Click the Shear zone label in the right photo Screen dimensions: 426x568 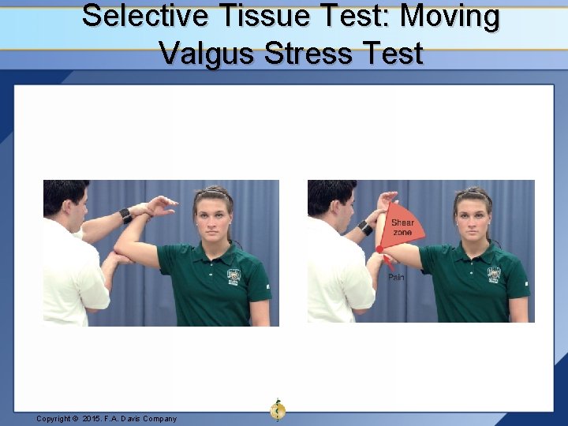pyautogui.click(x=402, y=227)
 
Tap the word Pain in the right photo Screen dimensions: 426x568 pyautogui.click(x=397, y=277)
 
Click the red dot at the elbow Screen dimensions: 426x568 pyautogui.click(x=379, y=249)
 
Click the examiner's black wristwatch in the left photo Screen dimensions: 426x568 pyautogui.click(x=125, y=215)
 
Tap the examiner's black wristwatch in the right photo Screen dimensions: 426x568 pyautogui.click(x=364, y=228)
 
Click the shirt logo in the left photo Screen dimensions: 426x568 pyautogui.click(x=234, y=275)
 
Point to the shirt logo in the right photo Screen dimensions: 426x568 pyautogui.click(x=494, y=274)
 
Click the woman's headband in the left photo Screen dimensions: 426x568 pyautogui.click(x=213, y=192)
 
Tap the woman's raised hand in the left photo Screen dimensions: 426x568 pyautogui.click(x=162, y=206)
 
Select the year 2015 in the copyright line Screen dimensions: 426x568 pyautogui.click(x=94, y=419)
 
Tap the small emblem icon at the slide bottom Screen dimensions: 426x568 pyautogui.click(x=277, y=409)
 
